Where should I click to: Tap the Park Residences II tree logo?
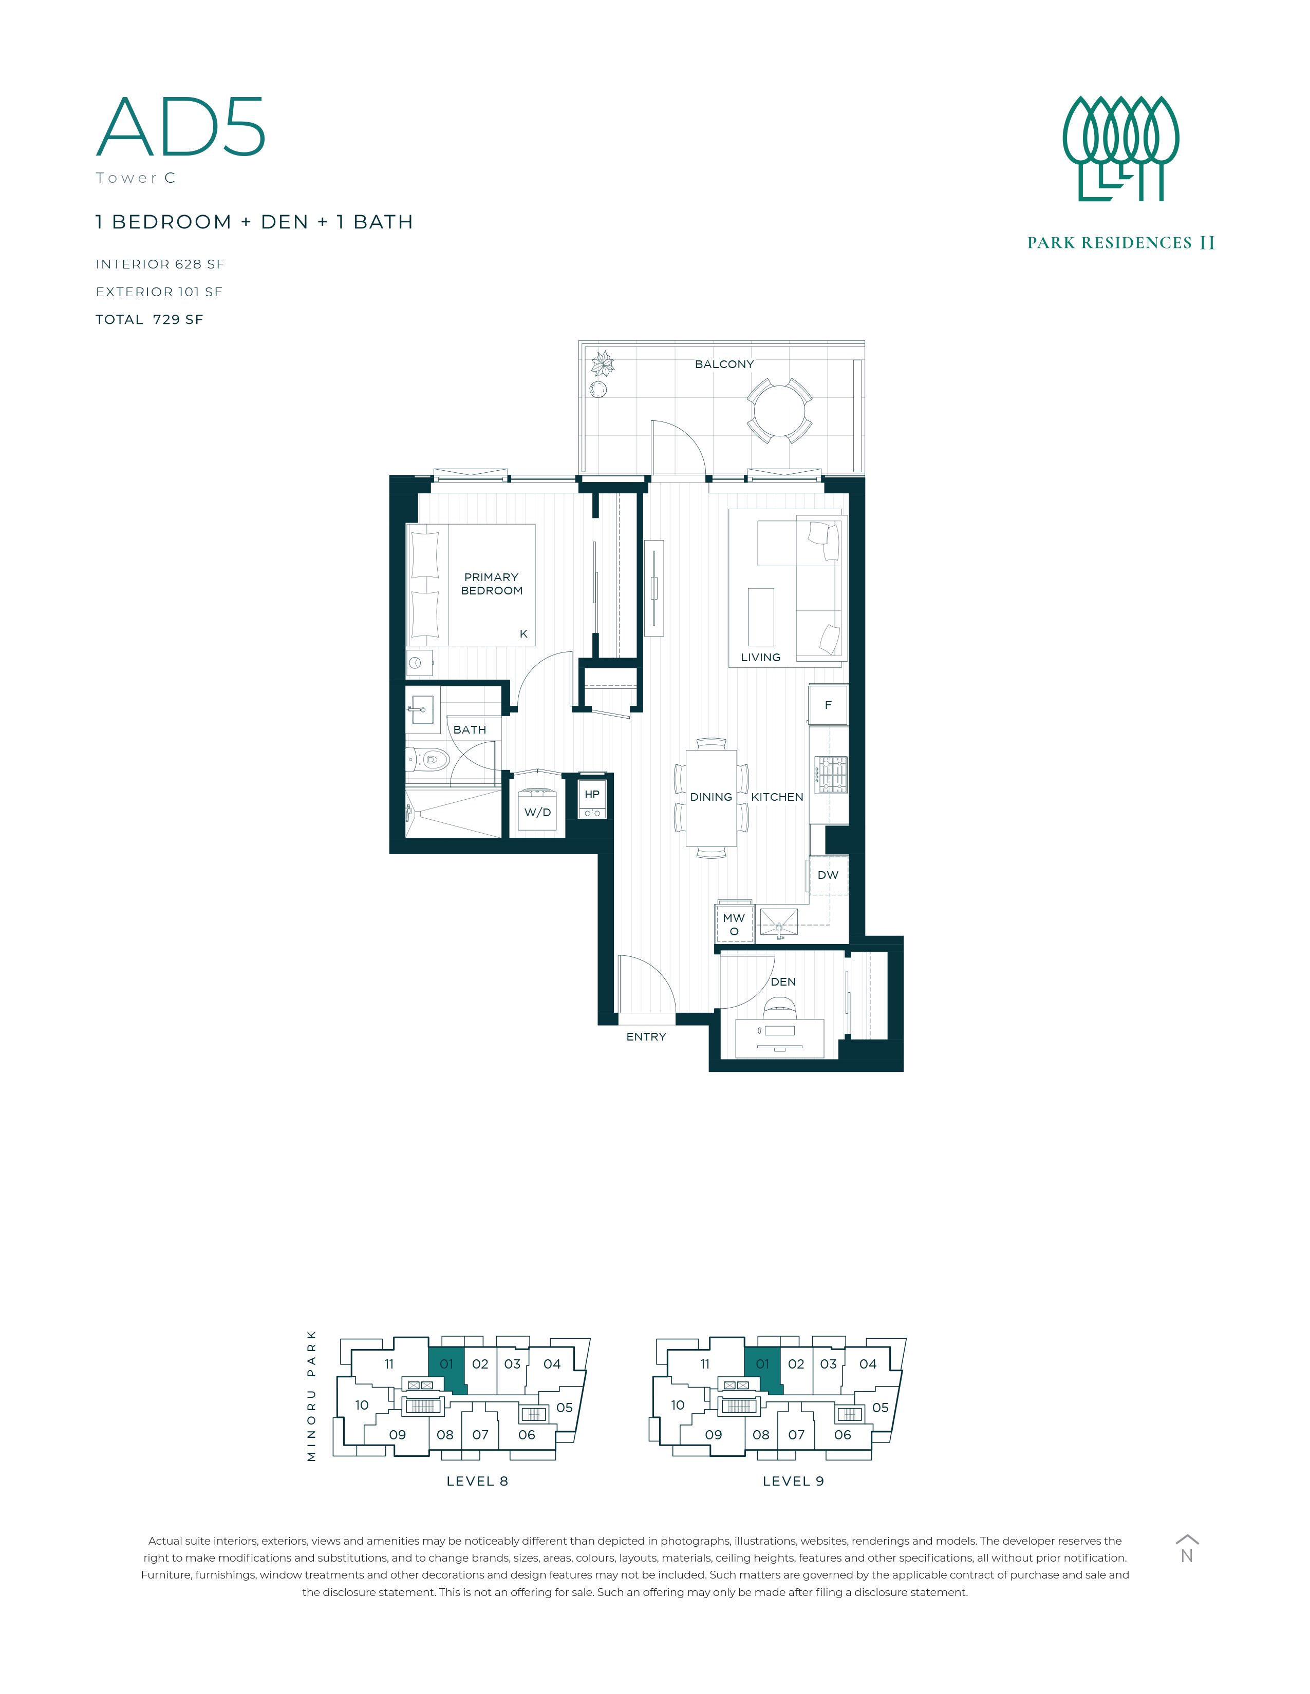1120,148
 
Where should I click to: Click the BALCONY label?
724,364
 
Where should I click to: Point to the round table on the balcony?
780,410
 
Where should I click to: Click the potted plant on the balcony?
602,364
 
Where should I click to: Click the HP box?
592,799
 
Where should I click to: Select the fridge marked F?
828,704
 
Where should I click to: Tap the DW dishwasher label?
828,875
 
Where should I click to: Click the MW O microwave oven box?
734,922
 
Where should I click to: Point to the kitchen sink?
778,921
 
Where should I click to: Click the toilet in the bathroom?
428,759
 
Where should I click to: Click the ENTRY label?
646,1036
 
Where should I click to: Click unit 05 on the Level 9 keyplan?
880,1407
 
